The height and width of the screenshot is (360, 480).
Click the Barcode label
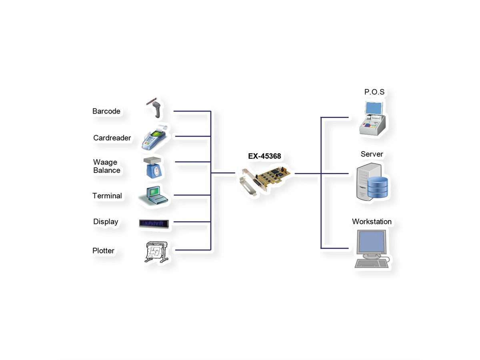pyautogui.click(x=106, y=111)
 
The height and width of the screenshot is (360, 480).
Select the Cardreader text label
pyautogui.click(x=112, y=138)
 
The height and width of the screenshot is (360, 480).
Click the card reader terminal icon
pyautogui.click(x=153, y=137)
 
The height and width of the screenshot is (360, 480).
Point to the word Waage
pyautogui.click(x=105, y=162)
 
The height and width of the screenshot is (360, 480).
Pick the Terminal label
pyautogui.click(x=107, y=196)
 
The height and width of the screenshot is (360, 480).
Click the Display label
pyautogui.click(x=106, y=222)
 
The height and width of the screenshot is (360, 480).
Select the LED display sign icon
pyautogui.click(x=154, y=223)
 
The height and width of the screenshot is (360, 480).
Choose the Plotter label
pyautogui.click(x=103, y=251)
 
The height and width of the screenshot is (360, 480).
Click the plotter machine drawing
pyautogui.click(x=156, y=252)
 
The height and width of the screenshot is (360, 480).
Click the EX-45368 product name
pyautogui.click(x=264, y=156)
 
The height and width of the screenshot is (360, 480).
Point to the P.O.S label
pyautogui.click(x=374, y=92)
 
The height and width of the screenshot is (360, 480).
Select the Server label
pyautogui.click(x=372, y=154)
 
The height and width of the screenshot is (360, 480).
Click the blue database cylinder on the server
pyautogui.click(x=377, y=187)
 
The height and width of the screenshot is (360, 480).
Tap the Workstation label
pyautogui.click(x=372, y=222)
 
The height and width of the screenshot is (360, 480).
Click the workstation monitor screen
pyautogui.click(x=372, y=241)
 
